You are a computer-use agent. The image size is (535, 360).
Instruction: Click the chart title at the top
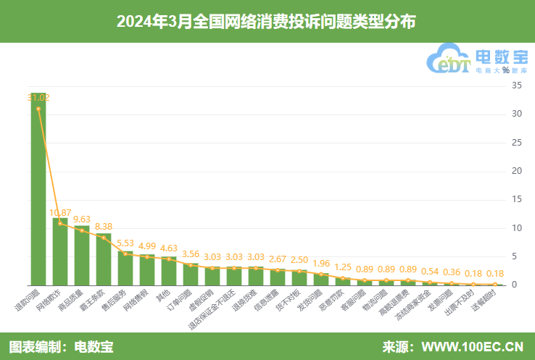pyautogui.click(x=267, y=21)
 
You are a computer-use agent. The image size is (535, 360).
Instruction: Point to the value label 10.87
pyautogui.click(x=60, y=213)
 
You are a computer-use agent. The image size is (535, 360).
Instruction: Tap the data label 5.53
pyautogui.click(x=125, y=243)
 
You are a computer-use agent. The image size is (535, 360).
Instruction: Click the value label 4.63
pyautogui.click(x=169, y=248)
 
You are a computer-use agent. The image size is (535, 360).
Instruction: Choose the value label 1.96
pyautogui.click(x=322, y=264)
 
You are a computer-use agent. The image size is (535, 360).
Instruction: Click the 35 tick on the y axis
pyautogui.click(x=517, y=85)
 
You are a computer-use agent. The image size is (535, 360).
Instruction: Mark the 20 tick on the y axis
pyautogui.click(x=517, y=171)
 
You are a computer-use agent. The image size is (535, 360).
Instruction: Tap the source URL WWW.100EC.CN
pyautogui.click(x=472, y=346)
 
